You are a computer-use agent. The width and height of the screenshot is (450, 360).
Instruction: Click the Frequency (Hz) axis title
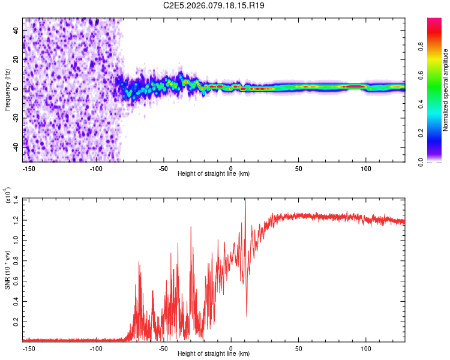[7, 90]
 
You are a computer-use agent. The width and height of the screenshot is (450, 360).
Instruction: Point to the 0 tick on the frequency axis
[16, 88]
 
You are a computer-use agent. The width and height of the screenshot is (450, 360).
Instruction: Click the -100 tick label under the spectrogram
[96, 169]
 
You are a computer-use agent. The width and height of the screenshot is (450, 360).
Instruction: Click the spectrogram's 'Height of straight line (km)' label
[214, 174]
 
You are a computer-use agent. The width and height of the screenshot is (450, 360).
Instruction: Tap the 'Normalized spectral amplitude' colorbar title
[445, 91]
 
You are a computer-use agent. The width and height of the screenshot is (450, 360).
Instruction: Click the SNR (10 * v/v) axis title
[7, 269]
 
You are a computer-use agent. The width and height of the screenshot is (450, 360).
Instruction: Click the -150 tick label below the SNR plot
[28, 348]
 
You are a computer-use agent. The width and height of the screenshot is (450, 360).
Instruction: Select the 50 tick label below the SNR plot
[298, 348]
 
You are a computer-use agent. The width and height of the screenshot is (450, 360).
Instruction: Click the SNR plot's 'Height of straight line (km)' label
[214, 354]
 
